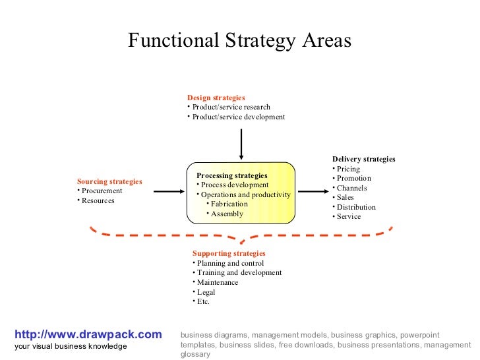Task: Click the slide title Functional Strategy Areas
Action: [239, 41]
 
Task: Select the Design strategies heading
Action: [216, 98]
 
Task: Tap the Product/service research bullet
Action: [231, 107]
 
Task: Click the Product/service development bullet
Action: [238, 117]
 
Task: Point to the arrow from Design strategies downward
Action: [241, 144]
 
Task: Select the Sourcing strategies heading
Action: [109, 181]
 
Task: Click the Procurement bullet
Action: [102, 191]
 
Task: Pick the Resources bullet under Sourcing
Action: [98, 200]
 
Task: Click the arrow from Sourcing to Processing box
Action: [168, 191]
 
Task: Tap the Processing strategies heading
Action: [232, 175]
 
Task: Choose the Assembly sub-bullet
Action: [227, 214]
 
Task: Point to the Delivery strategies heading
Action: [364, 159]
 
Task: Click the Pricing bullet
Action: [348, 169]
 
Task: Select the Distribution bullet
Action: [356, 207]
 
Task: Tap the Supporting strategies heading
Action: [229, 253]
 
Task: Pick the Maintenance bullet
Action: [218, 282]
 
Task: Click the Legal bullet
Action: [206, 292]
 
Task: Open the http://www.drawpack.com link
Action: [88, 335]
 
